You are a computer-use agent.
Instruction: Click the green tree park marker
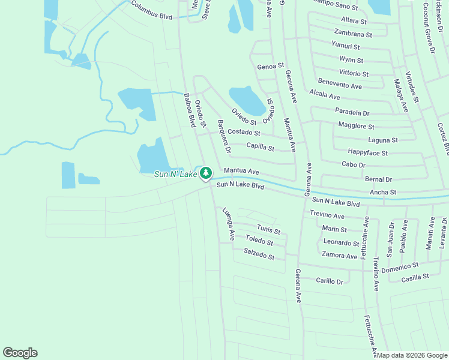pos(206,173)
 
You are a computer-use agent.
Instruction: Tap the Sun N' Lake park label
pos(176,174)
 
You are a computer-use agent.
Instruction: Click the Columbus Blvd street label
pos(151,10)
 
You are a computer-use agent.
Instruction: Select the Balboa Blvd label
pos(190,110)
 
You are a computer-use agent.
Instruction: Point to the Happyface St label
pos(367,153)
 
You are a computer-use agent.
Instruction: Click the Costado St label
pos(244,132)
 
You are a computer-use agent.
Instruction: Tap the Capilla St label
pos(260,147)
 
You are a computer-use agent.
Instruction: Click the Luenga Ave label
pos(228,224)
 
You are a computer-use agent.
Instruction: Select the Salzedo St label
pos(259,254)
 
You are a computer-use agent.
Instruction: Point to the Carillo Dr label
pos(330,280)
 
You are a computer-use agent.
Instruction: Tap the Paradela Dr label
pos(352,112)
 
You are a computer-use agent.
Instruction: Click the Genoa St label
pos(270,66)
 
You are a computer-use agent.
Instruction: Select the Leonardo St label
pos(341,243)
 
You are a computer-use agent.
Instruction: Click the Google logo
pos(20,353)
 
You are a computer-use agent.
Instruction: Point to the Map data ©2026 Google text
pos(412,355)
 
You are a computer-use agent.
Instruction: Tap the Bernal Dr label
pos(378,179)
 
